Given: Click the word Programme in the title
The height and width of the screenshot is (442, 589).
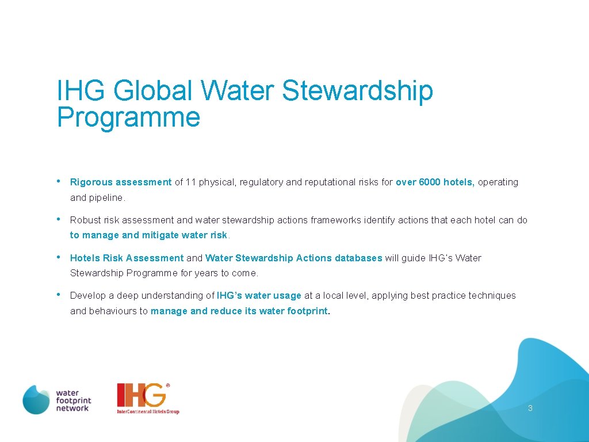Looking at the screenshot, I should click(128, 117).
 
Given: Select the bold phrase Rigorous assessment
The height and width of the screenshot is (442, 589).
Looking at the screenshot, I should click(121, 182).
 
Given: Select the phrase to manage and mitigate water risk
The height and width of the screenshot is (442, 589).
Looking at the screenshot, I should click(148, 235).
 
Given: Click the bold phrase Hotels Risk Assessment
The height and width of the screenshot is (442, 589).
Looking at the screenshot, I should click(127, 258).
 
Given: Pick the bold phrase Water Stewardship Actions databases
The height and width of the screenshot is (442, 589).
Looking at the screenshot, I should click(293, 258).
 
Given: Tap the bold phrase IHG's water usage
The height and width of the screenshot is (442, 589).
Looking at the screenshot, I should click(259, 295).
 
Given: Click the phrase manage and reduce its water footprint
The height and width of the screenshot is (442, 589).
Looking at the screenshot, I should click(239, 311).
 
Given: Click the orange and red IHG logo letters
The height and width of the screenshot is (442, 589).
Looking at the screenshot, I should click(141, 395).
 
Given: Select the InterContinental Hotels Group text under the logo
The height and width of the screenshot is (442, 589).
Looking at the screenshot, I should click(148, 411).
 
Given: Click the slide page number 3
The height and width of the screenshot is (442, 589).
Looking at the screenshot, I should click(530, 408).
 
